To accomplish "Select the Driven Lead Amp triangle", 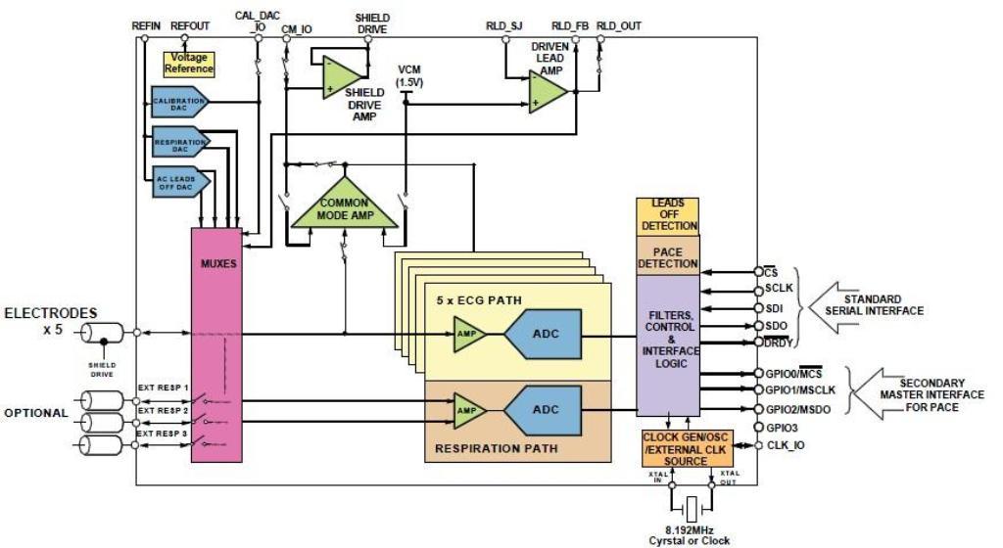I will click(548, 90).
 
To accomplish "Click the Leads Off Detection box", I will click(668, 214).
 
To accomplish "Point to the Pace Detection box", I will click(668, 254).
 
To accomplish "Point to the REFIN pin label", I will click(146, 25).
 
